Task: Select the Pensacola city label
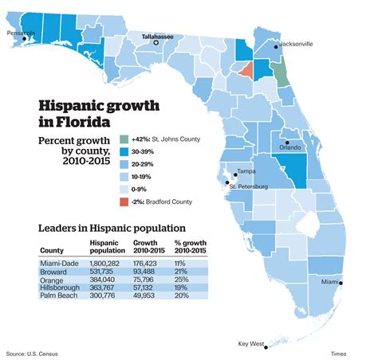point(22,33)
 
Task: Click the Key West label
point(250,344)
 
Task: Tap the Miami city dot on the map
point(341,283)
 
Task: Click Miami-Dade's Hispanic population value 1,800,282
point(108,262)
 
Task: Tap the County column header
point(51,248)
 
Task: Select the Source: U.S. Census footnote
point(31,353)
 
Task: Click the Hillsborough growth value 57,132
point(149,288)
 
